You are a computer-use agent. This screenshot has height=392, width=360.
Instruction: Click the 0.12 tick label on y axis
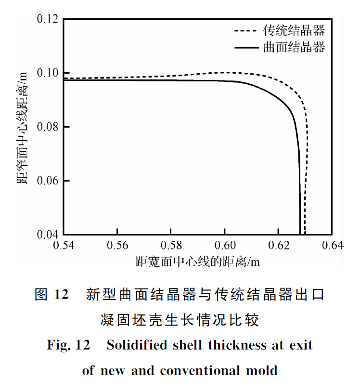tap(48, 19)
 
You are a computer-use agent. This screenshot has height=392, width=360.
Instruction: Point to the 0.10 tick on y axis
tap(48, 73)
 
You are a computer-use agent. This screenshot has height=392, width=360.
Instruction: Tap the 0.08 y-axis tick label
tap(48, 127)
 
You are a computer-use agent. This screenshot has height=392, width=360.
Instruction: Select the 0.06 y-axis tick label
tap(48, 181)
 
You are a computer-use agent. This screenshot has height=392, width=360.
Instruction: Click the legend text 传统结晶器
tap(294, 31)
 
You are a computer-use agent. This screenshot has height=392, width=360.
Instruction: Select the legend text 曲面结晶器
tap(294, 47)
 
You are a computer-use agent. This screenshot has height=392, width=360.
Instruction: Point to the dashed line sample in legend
tap(246, 31)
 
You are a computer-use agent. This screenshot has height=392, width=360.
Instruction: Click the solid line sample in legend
tap(246, 47)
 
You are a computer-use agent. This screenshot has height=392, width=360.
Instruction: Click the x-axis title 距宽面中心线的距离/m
tap(198, 262)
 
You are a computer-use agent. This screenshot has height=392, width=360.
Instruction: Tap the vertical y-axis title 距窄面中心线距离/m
tap(24, 127)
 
